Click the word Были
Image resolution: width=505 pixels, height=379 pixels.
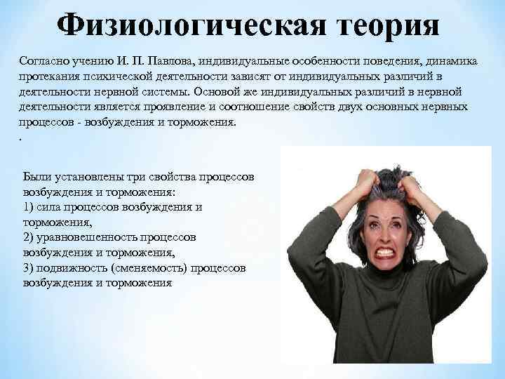36,175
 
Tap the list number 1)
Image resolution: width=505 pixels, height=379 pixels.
29,206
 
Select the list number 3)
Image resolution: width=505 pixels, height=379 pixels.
29,268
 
